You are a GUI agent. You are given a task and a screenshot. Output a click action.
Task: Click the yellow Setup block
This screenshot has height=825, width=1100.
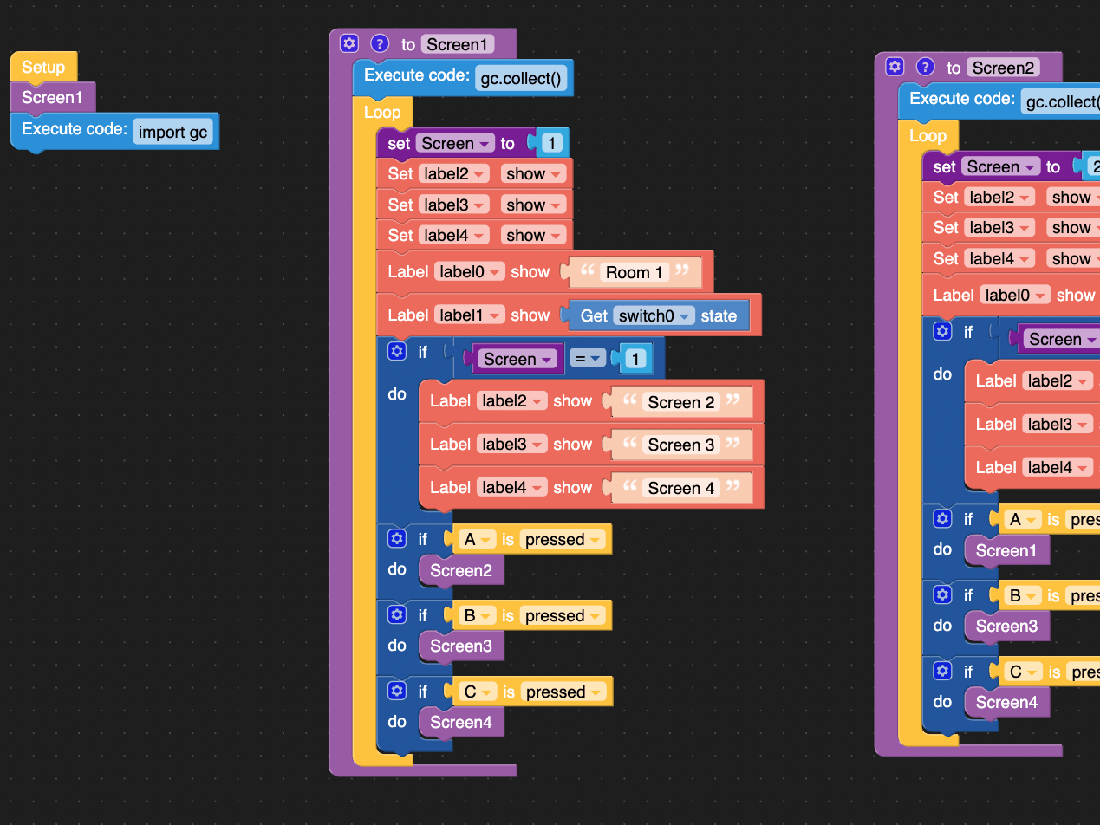43,67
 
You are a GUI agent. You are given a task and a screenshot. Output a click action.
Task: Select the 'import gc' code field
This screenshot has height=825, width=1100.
172,132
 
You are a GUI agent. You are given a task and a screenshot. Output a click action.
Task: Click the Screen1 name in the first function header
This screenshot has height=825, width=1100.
458,44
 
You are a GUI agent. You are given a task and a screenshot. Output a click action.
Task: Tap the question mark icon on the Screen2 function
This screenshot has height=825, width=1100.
925,67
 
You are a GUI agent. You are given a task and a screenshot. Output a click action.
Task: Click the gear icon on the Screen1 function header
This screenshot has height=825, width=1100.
348,43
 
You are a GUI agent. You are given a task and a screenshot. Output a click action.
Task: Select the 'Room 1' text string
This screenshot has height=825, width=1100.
634,272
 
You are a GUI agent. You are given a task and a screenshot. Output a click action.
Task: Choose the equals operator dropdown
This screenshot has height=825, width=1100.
587,359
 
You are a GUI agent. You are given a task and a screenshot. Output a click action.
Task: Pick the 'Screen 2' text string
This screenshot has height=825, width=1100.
681,402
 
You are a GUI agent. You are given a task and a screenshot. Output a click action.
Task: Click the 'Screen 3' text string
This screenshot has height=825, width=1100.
681,445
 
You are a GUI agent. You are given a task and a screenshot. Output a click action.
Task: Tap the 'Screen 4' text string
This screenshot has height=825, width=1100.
681,488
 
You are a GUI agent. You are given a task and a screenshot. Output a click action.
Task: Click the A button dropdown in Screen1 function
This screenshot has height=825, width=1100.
477,540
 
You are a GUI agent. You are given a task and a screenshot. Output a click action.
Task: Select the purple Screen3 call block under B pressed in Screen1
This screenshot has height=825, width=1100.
460,646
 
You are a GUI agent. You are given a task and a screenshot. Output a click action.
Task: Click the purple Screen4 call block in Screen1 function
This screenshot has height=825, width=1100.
460,723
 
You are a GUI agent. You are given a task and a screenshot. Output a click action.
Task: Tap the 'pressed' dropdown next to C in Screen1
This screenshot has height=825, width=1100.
563,692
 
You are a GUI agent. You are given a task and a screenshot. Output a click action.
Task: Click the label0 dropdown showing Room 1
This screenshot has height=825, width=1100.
471,272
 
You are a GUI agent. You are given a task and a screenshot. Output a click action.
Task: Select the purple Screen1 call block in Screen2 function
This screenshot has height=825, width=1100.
1006,551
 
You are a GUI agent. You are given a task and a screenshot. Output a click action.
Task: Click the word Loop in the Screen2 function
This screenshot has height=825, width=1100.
928,136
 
